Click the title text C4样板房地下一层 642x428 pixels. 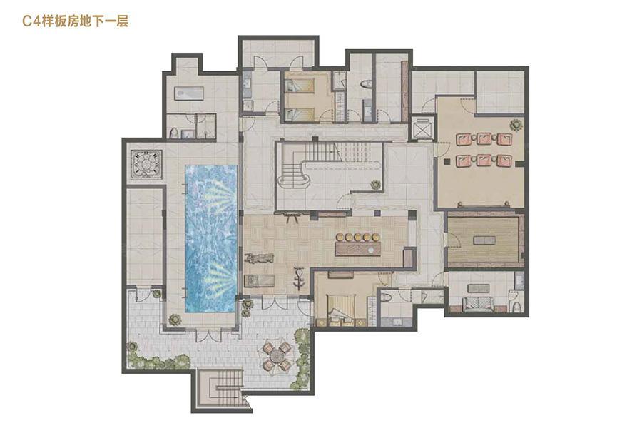[76, 21]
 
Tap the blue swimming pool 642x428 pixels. [211, 238]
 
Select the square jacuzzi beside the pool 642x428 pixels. [146, 164]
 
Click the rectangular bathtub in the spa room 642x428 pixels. [190, 93]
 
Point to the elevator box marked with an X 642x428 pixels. [423, 129]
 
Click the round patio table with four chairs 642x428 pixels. [278, 355]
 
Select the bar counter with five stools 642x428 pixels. [358, 245]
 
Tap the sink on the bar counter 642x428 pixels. [370, 249]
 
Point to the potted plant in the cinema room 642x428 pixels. [516, 124]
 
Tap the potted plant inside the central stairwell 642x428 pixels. [375, 185]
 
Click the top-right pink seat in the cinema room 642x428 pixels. [505, 139]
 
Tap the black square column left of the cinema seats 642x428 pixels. [448, 161]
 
